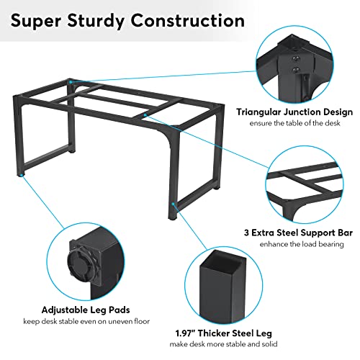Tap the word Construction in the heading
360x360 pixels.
coord(188,21)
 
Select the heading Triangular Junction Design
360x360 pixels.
coord(294,112)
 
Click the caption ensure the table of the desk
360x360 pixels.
coord(294,123)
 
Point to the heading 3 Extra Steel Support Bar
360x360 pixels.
coord(298,233)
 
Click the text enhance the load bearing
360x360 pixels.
coord(302,244)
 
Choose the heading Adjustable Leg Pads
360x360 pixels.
coord(86,310)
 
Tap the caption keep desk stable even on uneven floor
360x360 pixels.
coord(86,321)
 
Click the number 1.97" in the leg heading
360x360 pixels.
coord(185,333)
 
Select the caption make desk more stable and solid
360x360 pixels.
coord(223,344)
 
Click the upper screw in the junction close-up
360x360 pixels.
coord(295,58)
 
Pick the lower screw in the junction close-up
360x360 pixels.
coord(296,70)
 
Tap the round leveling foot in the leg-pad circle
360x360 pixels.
coord(79,263)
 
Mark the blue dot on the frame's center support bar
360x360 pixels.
coord(145,115)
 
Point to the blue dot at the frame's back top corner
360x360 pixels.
coord(71,82)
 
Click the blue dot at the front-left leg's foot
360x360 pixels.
coord(22,175)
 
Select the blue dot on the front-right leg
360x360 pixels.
coord(174,204)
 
